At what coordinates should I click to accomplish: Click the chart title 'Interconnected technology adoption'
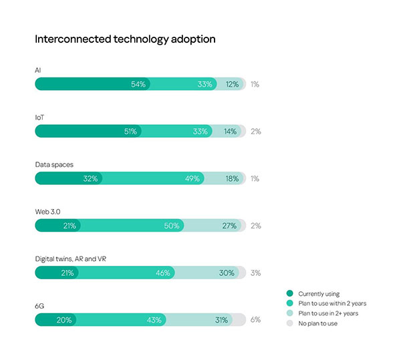(125, 39)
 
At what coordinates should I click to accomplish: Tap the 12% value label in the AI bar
(232, 85)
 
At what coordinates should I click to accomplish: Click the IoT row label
(39, 117)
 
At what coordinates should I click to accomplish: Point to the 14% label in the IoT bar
(230, 132)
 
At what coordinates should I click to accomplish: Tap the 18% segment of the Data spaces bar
(224, 178)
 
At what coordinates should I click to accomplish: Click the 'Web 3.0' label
(47, 211)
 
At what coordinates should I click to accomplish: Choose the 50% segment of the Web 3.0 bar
(131, 226)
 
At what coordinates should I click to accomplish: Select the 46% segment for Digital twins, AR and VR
(127, 273)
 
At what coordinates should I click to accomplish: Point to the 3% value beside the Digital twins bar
(255, 273)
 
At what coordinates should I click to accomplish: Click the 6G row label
(39, 305)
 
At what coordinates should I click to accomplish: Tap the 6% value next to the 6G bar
(255, 320)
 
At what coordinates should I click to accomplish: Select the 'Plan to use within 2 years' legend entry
(331, 303)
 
